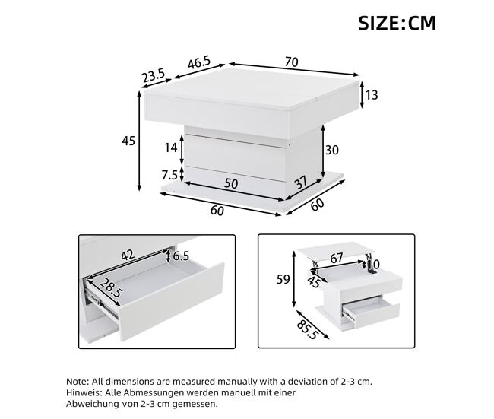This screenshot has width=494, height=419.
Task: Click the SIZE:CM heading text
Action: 397,23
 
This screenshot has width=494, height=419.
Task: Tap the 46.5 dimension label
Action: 199,63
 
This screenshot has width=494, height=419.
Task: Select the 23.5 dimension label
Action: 154,76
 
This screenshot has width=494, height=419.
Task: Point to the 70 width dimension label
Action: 292,62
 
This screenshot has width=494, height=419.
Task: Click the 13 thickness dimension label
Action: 372,95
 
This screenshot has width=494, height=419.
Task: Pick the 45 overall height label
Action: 128,141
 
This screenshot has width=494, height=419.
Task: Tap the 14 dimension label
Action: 171,148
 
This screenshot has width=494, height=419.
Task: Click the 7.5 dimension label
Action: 169,175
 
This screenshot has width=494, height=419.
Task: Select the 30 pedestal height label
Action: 332,150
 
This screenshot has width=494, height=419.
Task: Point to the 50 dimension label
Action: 231,183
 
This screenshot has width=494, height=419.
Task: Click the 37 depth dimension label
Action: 302,183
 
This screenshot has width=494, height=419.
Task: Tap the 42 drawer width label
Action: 128,255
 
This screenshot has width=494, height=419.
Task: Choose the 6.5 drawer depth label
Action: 181,256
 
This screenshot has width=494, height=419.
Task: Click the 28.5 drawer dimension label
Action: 111,288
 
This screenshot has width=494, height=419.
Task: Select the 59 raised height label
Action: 283,279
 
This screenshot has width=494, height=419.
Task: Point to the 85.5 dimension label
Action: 306,330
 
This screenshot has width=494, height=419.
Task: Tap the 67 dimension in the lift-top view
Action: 337,259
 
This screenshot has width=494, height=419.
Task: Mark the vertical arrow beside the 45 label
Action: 139,141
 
